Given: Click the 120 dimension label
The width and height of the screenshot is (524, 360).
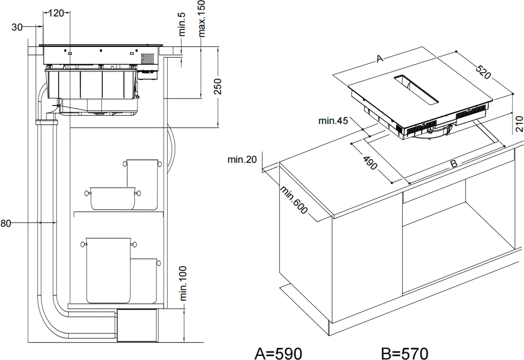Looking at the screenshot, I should [56, 13].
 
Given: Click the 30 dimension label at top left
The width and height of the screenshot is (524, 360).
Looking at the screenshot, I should [17, 27].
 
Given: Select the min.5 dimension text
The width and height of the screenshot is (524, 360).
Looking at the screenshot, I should [182, 24].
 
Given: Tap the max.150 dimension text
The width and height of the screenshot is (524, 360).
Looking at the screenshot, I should [202, 19].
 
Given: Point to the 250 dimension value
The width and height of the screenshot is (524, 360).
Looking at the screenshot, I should [218, 86].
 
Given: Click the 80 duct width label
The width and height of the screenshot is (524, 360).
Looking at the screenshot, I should [6, 224].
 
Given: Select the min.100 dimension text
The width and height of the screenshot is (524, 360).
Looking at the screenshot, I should [183, 283].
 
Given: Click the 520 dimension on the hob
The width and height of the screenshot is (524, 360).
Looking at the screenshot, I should [483, 72].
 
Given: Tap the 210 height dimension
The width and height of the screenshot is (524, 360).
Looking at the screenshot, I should [520, 124].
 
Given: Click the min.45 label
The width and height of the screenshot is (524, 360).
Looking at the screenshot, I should [333, 121].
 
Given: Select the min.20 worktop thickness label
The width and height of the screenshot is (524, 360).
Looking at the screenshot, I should [242, 160].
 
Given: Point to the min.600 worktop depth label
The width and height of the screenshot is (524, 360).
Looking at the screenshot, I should [294, 200].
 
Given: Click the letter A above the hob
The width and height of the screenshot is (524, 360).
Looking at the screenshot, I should [380, 59].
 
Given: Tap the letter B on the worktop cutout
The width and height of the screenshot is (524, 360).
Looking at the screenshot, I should [453, 164].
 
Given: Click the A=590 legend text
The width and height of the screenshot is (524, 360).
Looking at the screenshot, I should [278, 353].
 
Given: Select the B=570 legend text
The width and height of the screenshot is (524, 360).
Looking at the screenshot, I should [404, 353].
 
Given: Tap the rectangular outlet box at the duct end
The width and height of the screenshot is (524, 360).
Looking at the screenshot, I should [137, 325].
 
